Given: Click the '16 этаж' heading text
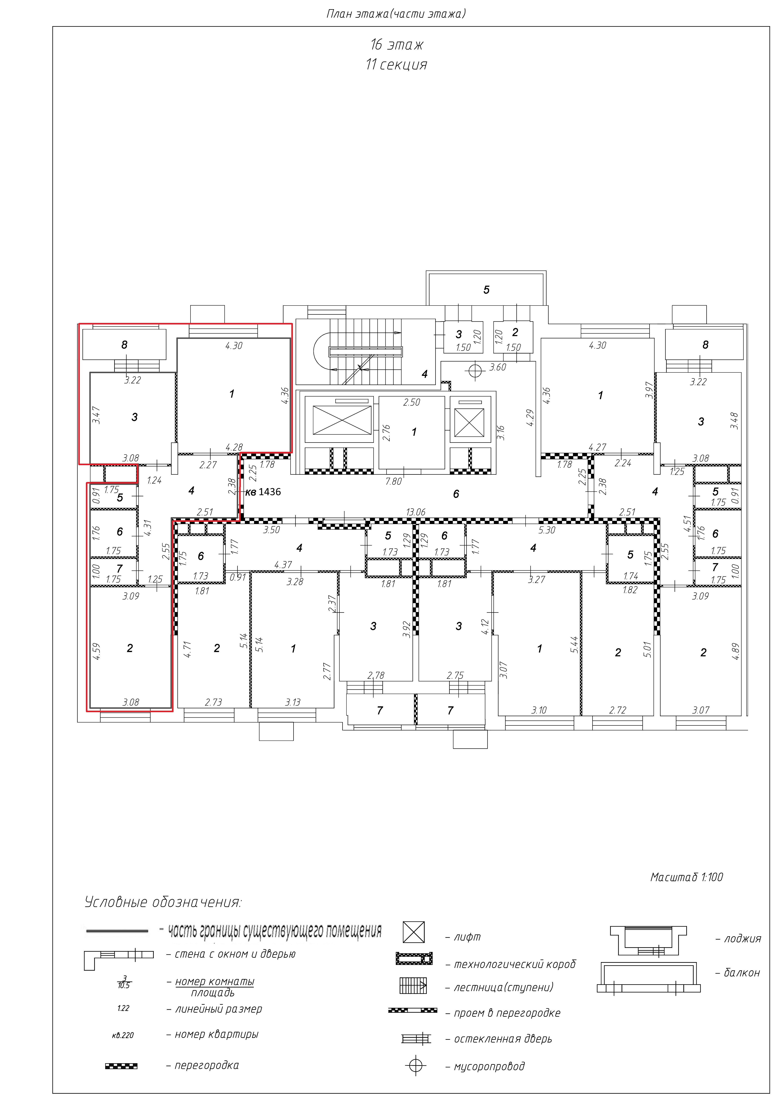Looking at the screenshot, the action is tap(397, 45).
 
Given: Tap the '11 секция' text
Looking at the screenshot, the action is tap(396, 65).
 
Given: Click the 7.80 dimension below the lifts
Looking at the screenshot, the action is tap(393, 481).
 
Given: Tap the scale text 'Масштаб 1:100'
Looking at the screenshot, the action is tap(687, 877).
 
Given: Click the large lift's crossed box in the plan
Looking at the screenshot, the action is tap(342, 420).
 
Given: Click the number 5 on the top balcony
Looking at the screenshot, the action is tap(486, 290).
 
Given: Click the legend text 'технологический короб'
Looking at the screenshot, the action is tap(515, 964).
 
